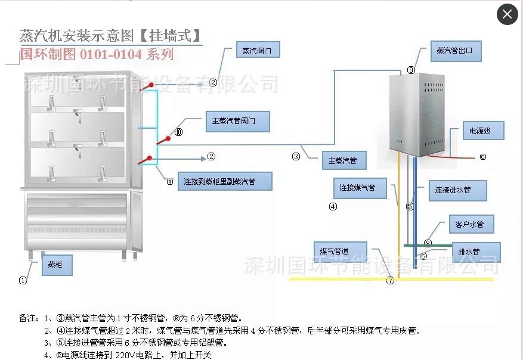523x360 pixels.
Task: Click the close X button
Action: (507, 14)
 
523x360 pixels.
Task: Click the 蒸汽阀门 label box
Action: (258, 51)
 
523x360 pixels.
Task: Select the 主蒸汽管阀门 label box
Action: (237, 121)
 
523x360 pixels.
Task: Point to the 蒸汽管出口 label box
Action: (455, 51)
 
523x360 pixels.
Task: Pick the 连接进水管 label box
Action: (457, 190)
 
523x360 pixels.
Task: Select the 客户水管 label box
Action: (470, 225)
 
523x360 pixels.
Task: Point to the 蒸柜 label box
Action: (56, 264)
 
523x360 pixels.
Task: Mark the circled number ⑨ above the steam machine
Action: (411, 70)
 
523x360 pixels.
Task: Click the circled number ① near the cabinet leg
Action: (23, 280)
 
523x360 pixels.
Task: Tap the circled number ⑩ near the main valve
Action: (178, 132)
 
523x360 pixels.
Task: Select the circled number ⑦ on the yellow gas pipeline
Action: (390, 280)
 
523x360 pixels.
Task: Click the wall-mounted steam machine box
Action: (417, 113)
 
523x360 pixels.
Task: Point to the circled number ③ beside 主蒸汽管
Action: (296, 157)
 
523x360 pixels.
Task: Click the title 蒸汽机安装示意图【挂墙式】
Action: (110, 35)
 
